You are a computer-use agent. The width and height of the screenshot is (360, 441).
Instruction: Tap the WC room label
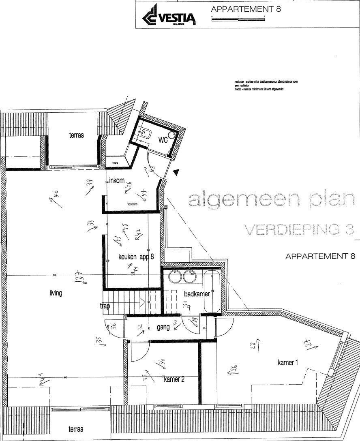pyautogui.click(x=163, y=140)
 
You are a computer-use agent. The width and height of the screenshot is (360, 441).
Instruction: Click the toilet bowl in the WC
pyautogui.click(x=146, y=133)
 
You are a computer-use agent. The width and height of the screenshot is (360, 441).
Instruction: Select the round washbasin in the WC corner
pyautogui.click(x=174, y=135)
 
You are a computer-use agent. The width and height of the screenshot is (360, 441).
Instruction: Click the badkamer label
pyautogui.click(x=197, y=294)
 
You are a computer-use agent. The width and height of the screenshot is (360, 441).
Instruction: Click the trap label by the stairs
pyautogui.click(x=105, y=306)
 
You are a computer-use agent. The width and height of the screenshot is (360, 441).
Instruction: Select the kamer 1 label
pyautogui.click(x=288, y=362)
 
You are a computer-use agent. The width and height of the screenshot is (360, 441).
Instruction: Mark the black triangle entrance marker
pyautogui.click(x=176, y=173)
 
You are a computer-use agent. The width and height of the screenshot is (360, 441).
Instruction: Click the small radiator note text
pyautogui.click(x=266, y=86)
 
